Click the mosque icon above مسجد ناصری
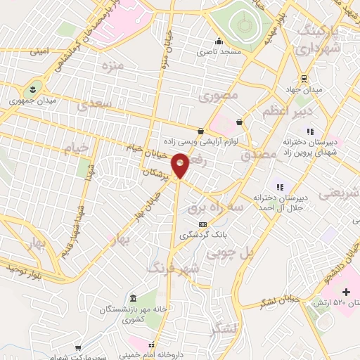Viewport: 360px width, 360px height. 219,41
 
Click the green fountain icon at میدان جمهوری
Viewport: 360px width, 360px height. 32,89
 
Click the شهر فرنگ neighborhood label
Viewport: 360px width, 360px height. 173,268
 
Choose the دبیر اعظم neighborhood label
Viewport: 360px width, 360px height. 287,112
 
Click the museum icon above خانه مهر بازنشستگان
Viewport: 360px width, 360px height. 134,297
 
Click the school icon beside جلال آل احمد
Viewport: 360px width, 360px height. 281,187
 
